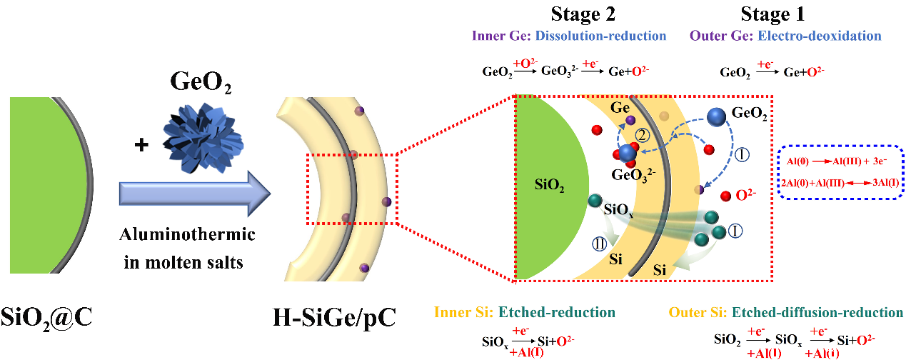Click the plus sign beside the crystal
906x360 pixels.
point(141,145)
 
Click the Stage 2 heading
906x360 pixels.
point(583,14)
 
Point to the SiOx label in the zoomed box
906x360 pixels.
point(618,210)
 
